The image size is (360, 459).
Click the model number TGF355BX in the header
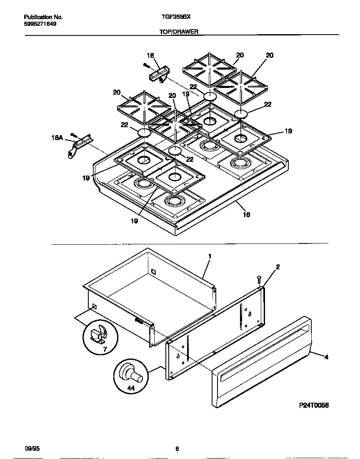point(176,18)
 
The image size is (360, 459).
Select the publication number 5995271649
point(40,24)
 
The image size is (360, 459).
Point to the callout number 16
point(246,214)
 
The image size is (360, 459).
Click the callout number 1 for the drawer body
point(210,257)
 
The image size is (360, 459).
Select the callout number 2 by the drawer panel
point(277,267)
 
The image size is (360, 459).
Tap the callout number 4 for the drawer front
point(326,357)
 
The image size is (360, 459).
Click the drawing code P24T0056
point(314,405)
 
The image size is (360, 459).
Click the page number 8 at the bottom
point(177,449)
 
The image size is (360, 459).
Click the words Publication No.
point(43,18)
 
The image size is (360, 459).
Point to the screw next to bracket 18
point(145,65)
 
